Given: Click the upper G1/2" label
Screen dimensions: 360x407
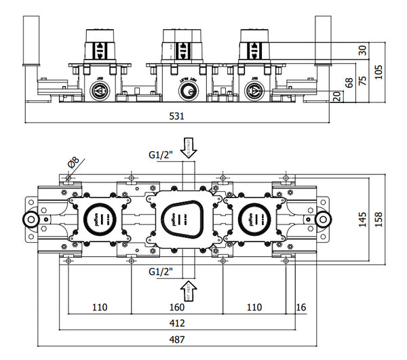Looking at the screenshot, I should tap(162, 155).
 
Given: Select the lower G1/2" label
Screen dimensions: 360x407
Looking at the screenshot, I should tap(162, 271).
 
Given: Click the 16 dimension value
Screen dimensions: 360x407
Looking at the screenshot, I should tap(300, 307).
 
